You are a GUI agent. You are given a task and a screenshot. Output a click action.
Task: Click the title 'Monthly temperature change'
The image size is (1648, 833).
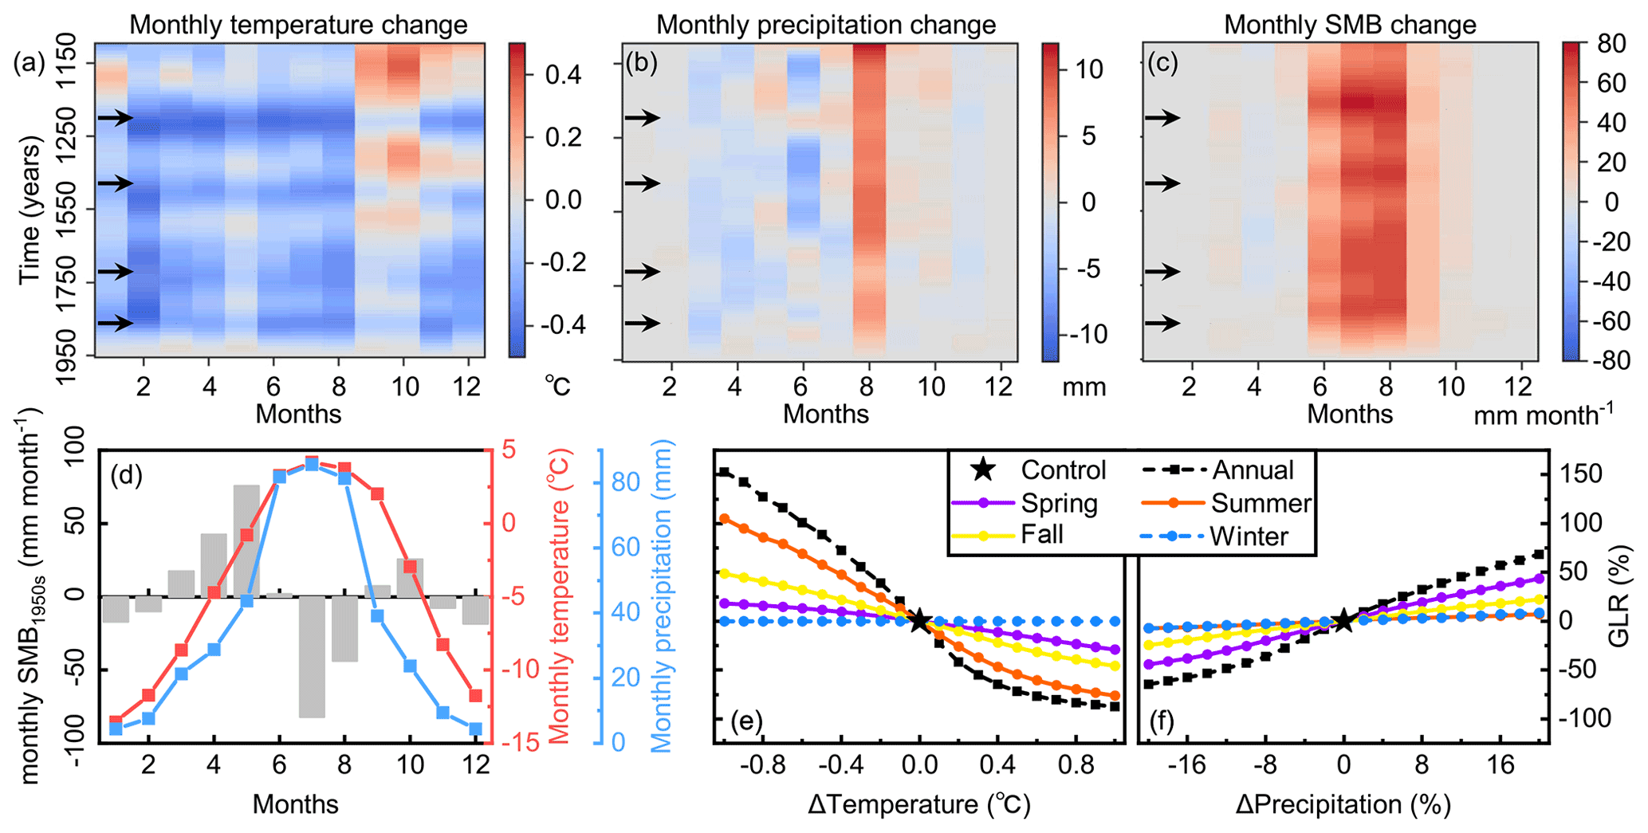(x=298, y=25)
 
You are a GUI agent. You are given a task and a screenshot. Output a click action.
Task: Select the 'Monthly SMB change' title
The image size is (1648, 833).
(x=1350, y=25)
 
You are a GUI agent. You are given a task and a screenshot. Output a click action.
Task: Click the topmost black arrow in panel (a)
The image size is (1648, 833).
(x=116, y=118)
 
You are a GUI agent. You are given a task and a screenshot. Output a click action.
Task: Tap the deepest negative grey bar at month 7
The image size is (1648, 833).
(x=312, y=656)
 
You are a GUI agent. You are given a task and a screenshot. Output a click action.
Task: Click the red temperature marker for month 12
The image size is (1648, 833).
(x=476, y=696)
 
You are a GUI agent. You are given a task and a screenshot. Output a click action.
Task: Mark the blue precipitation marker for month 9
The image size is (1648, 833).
(x=377, y=615)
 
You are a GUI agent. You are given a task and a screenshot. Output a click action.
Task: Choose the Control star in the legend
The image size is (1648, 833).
(x=984, y=470)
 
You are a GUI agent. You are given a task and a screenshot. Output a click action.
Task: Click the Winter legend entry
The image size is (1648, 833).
(x=1249, y=536)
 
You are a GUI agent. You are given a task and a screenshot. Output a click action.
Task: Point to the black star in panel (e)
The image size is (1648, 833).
(x=918, y=620)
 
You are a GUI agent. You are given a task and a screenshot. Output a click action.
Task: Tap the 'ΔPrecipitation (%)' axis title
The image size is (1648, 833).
(x=1343, y=805)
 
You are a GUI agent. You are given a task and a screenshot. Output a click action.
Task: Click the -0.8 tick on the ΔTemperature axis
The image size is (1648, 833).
(x=762, y=766)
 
